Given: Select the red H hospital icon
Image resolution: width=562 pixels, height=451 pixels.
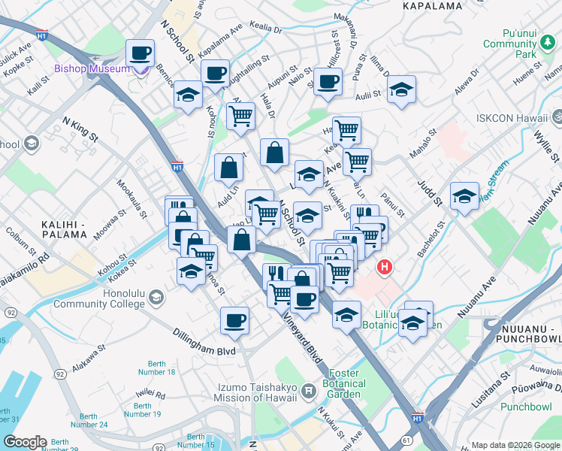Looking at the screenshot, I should click(x=385, y=267).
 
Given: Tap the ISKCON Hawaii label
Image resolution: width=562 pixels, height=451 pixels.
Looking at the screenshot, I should click(x=512, y=118).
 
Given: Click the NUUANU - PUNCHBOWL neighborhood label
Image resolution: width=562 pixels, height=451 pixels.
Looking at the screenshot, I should click(x=526, y=327).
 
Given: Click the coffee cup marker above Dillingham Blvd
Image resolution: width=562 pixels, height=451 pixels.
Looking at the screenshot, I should click(x=234, y=319).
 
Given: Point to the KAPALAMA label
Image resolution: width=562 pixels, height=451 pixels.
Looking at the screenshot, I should click(x=432, y=6).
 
